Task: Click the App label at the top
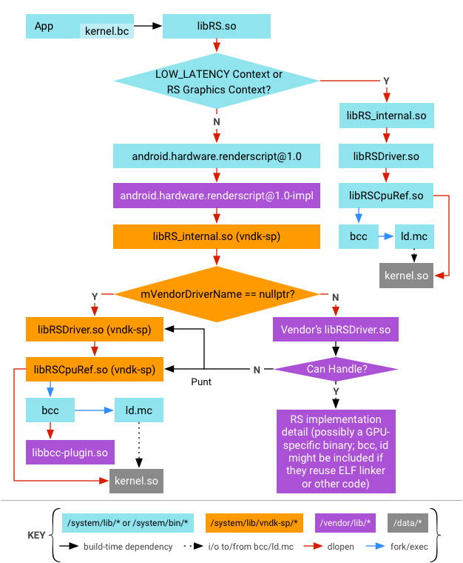44,27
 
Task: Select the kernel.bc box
107,31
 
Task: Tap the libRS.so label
217,26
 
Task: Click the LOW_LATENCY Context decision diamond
218,81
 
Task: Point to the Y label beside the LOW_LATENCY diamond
386,81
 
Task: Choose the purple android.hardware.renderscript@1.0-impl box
226,196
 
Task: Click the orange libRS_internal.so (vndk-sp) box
226,236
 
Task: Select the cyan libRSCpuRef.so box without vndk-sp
386,196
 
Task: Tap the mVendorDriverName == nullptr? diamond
218,294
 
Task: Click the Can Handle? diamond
337,369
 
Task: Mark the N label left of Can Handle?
257,370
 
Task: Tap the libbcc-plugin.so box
71,452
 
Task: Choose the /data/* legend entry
411,524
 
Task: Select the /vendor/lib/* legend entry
351,524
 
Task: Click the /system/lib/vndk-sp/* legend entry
260,524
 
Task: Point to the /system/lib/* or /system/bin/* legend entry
133,524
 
